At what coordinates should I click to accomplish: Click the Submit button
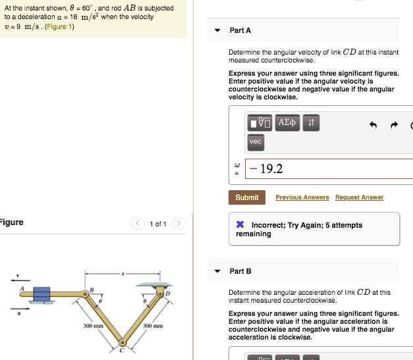pyautogui.click(x=247, y=197)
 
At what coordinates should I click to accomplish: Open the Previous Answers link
pyautogui.click(x=302, y=197)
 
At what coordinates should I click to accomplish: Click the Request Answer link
pyautogui.click(x=359, y=197)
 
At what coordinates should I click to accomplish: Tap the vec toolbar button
pyautogui.click(x=256, y=141)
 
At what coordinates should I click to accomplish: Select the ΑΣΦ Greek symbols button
pyautogui.click(x=288, y=122)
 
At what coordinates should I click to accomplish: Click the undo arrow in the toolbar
pyautogui.click(x=373, y=125)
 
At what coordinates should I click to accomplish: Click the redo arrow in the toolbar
pyautogui.click(x=395, y=125)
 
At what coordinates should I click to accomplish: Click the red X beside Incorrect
pyautogui.click(x=240, y=225)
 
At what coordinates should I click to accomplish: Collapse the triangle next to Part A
pyautogui.click(x=217, y=30)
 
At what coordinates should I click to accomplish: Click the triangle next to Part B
pyautogui.click(x=217, y=271)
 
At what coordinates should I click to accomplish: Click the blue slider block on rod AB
pyautogui.click(x=42, y=293)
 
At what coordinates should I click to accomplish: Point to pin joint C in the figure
pyautogui.click(x=122, y=342)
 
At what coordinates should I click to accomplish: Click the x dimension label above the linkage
pyautogui.click(x=122, y=272)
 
